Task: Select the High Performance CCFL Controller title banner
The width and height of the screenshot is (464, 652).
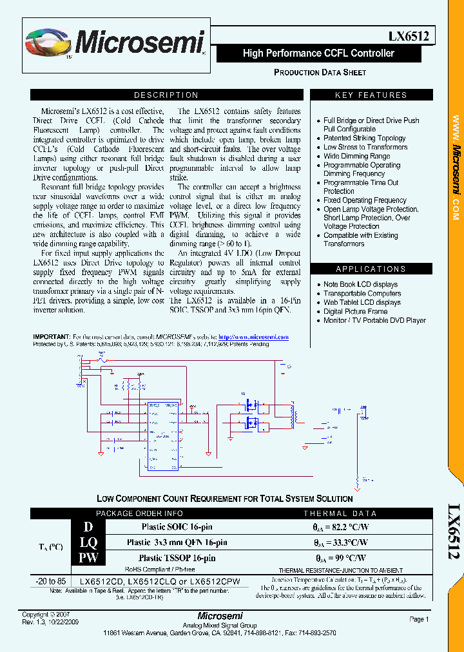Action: click(318, 53)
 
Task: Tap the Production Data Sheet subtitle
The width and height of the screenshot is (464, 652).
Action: click(320, 72)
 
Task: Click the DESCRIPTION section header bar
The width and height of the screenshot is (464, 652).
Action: click(166, 95)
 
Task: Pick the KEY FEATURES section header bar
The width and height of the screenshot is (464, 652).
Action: click(371, 95)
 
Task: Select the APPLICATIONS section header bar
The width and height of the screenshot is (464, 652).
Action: click(371, 269)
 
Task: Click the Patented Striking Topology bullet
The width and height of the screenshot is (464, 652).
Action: click(365, 138)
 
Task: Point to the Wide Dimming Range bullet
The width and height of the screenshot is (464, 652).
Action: click(356, 156)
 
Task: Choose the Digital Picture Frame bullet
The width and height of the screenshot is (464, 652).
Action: click(355, 311)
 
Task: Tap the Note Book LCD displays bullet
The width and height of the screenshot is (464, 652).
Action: click(360, 284)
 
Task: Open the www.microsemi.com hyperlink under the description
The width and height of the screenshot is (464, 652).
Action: click(253, 337)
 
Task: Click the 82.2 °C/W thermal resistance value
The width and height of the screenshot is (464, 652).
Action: click(341, 527)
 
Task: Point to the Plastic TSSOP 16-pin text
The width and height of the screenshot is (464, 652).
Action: click(177, 558)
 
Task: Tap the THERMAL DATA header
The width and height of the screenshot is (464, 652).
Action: click(340, 513)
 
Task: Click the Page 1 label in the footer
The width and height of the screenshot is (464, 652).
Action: click(418, 619)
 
